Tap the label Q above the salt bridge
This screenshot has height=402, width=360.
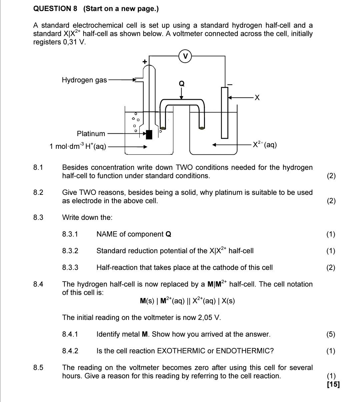(182, 84)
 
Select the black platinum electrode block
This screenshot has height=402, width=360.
(149, 134)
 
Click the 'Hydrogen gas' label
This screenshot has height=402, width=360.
(84, 80)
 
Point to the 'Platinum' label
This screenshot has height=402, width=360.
(91, 134)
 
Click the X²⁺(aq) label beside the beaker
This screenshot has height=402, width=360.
(264, 145)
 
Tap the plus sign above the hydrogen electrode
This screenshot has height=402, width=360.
(145, 62)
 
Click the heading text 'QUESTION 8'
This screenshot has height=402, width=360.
(55, 9)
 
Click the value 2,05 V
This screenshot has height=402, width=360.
(209, 318)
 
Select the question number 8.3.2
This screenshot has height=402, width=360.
(70, 251)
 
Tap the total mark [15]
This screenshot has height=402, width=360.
(333, 384)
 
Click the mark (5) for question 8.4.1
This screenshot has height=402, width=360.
(331, 334)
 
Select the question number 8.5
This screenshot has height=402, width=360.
(38, 368)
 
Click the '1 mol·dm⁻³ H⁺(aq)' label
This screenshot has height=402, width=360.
(78, 146)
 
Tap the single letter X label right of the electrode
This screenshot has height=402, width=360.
(256, 98)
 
